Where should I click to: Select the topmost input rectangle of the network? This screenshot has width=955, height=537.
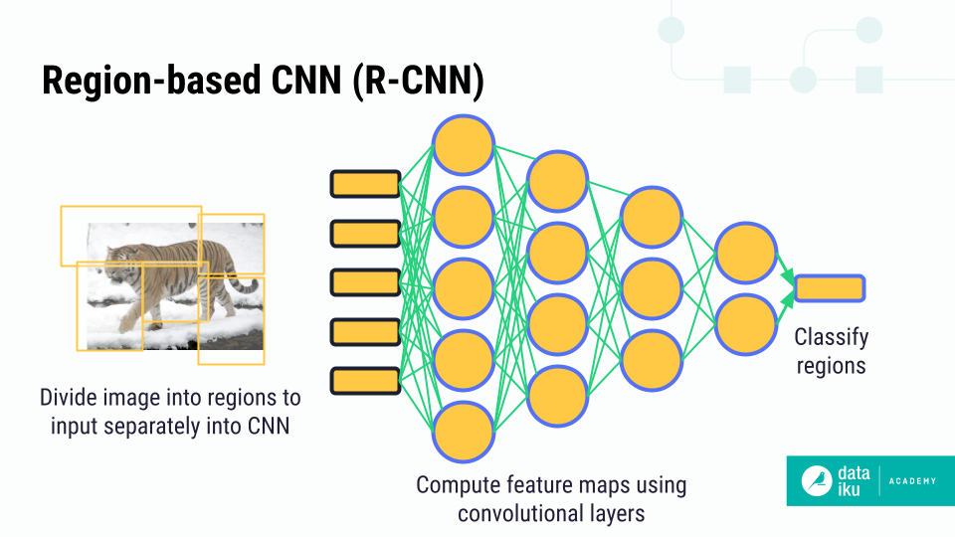coord(365,184)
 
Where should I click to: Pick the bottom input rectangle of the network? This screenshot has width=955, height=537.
coord(365,380)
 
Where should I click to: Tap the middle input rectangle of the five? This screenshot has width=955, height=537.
coord(365,282)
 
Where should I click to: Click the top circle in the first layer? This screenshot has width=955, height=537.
coord(464,145)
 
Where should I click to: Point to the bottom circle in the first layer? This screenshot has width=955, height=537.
coord(464,433)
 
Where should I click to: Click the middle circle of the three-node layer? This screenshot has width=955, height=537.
coord(652,289)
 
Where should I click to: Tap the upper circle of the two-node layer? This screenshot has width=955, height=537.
coord(746,255)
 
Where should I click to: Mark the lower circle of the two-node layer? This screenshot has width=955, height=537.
coord(746,324)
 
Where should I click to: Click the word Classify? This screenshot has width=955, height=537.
coord(832,339)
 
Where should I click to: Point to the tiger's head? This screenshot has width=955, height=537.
coord(117,262)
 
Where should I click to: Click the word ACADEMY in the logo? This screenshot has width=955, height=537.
coord(910,481)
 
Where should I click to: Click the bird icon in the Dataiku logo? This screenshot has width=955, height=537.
coord(819,481)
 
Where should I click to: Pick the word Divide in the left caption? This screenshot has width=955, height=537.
coord(68,399)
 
